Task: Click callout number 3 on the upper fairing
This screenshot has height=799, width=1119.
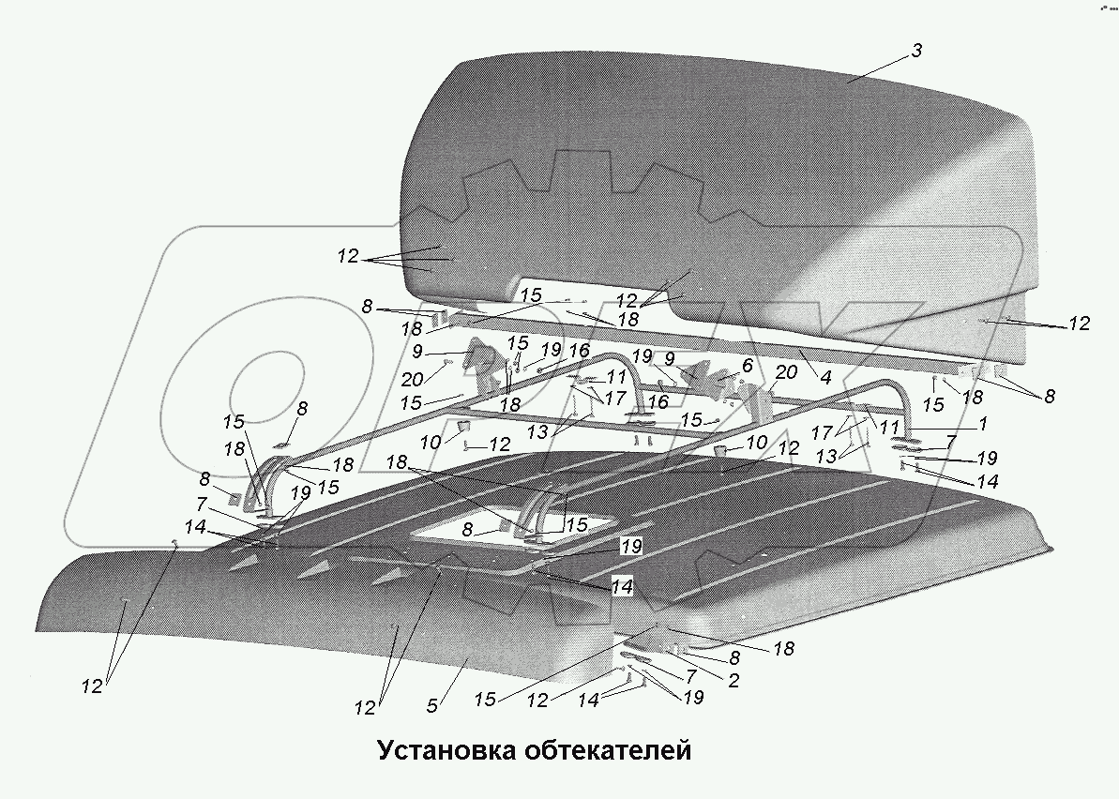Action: click(915, 51)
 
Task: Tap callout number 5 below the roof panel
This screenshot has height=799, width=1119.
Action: click(431, 705)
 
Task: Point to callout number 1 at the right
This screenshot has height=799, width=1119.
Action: click(982, 424)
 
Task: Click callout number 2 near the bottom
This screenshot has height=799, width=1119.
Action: click(733, 682)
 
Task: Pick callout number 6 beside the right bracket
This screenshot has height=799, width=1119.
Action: click(748, 364)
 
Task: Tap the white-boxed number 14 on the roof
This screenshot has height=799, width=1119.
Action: click(622, 588)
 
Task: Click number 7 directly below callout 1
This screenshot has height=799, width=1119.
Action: click(951, 441)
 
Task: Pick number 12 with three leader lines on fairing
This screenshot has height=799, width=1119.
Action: click(348, 255)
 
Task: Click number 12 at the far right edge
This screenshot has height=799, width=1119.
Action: click(1079, 324)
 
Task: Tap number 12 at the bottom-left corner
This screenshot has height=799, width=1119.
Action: click(91, 686)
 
